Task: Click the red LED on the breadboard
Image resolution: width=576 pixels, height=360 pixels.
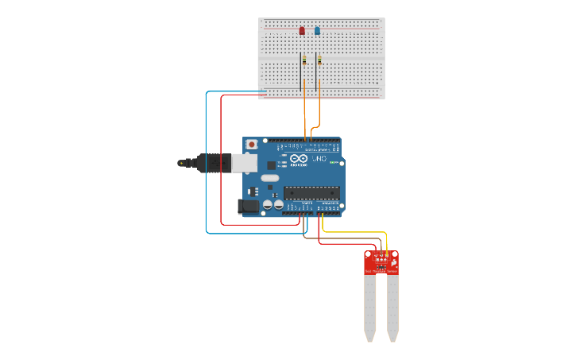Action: click(302, 31)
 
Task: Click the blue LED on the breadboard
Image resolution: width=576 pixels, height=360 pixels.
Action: click(317, 31)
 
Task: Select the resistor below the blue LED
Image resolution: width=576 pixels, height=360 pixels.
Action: click(319, 60)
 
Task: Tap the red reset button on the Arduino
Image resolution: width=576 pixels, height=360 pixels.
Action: click(252, 145)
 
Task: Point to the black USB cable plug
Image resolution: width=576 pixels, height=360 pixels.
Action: click(213, 163)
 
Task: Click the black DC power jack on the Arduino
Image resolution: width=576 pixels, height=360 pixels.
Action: click(249, 207)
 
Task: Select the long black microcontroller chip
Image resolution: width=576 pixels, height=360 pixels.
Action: click(311, 192)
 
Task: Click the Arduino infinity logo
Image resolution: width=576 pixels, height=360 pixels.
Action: click(299, 160)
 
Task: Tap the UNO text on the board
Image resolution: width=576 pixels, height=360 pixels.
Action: click(318, 160)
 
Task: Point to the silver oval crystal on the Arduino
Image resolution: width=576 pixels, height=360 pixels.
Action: click(270, 178)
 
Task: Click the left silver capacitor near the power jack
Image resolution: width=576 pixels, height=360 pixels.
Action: click(268, 205)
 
